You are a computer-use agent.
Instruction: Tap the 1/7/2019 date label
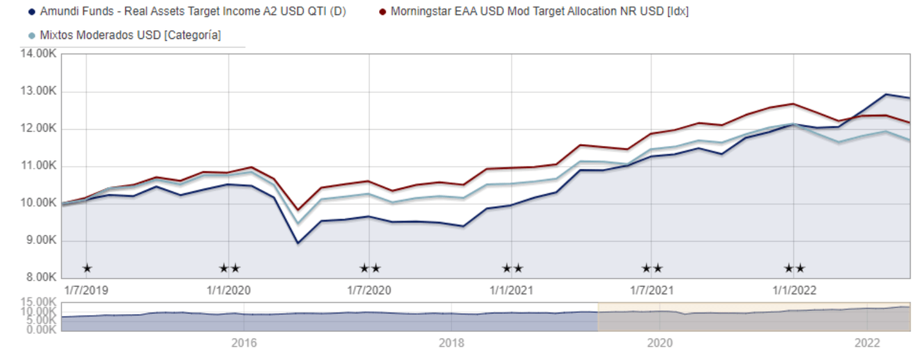(x=86, y=290)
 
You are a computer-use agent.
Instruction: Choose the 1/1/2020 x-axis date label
(x=229, y=290)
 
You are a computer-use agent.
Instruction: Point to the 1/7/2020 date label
(x=369, y=290)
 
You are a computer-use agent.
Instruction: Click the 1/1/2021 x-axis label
(x=512, y=290)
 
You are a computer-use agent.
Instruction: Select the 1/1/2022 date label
(x=794, y=290)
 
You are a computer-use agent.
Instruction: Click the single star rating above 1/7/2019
(x=87, y=268)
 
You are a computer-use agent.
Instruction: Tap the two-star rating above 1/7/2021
(x=652, y=268)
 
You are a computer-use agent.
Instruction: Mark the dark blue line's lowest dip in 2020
(x=298, y=243)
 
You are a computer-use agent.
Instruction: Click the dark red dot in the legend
(x=382, y=12)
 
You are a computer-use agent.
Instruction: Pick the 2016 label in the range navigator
(x=244, y=343)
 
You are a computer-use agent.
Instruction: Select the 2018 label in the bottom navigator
(x=451, y=343)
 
